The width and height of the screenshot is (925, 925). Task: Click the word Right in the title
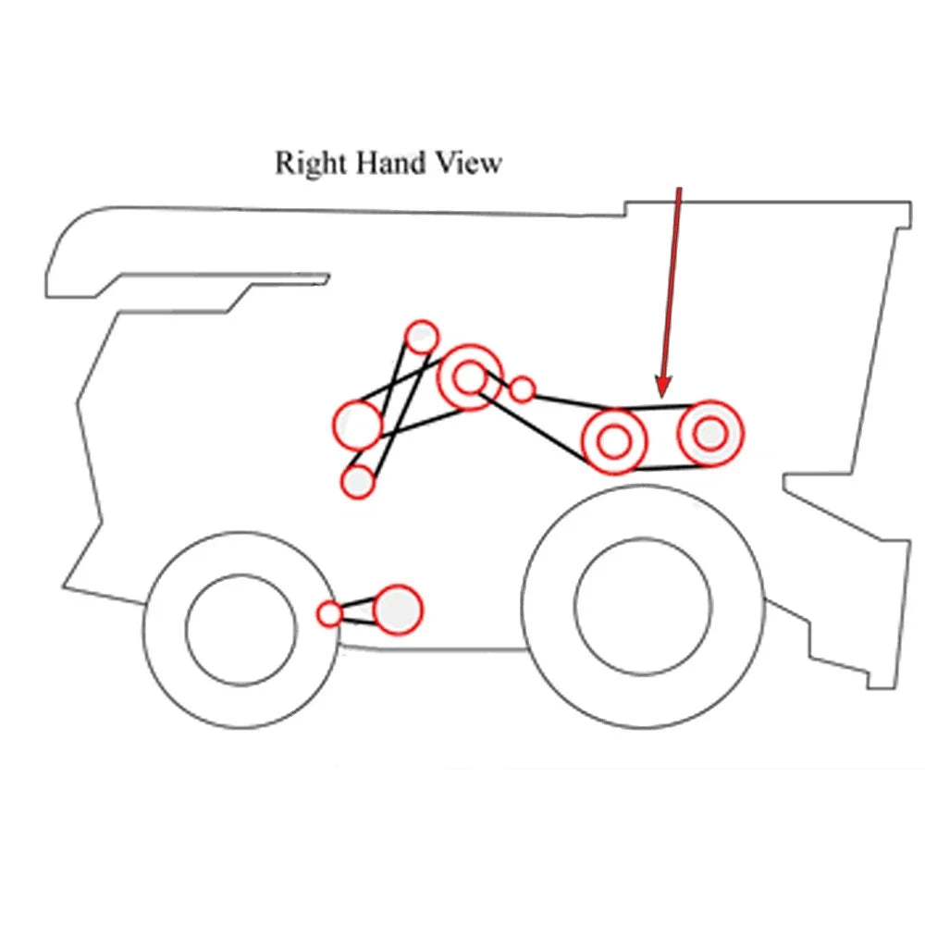(x=310, y=164)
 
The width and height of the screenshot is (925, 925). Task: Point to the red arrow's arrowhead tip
(x=663, y=397)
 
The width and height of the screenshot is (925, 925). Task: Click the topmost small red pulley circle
(x=422, y=337)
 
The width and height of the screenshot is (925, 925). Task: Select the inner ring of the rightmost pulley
(x=710, y=434)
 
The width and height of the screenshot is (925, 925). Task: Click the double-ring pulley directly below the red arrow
(x=615, y=441)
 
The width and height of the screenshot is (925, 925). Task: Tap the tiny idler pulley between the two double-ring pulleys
(x=522, y=390)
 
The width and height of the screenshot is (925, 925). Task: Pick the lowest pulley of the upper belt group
(x=358, y=481)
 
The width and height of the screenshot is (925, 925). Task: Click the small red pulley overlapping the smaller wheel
(x=330, y=613)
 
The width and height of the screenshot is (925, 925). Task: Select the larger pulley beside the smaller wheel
(x=398, y=610)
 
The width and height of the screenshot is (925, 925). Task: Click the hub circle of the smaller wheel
(x=240, y=630)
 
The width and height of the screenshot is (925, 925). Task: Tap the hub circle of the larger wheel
(x=643, y=607)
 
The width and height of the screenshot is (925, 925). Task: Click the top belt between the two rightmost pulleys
(x=660, y=407)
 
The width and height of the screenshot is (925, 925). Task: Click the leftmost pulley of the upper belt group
(x=358, y=425)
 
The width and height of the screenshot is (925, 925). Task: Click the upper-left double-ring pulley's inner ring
(x=470, y=377)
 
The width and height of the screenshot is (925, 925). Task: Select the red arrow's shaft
(x=672, y=283)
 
